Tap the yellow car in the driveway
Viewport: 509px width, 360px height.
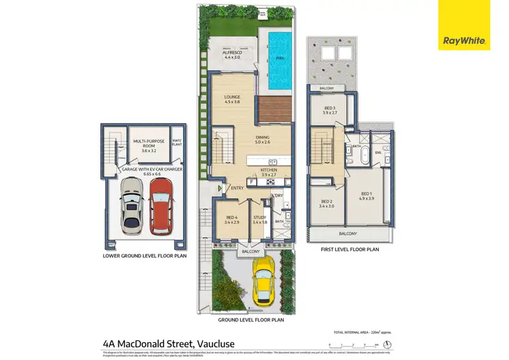click(x=263, y=281)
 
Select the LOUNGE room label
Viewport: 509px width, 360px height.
click(x=233, y=99)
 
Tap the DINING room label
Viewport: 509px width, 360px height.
click(x=262, y=140)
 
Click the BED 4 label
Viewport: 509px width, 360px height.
click(x=231, y=219)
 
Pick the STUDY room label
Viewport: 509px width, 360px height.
click(x=260, y=219)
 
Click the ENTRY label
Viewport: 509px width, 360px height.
click(x=237, y=188)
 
